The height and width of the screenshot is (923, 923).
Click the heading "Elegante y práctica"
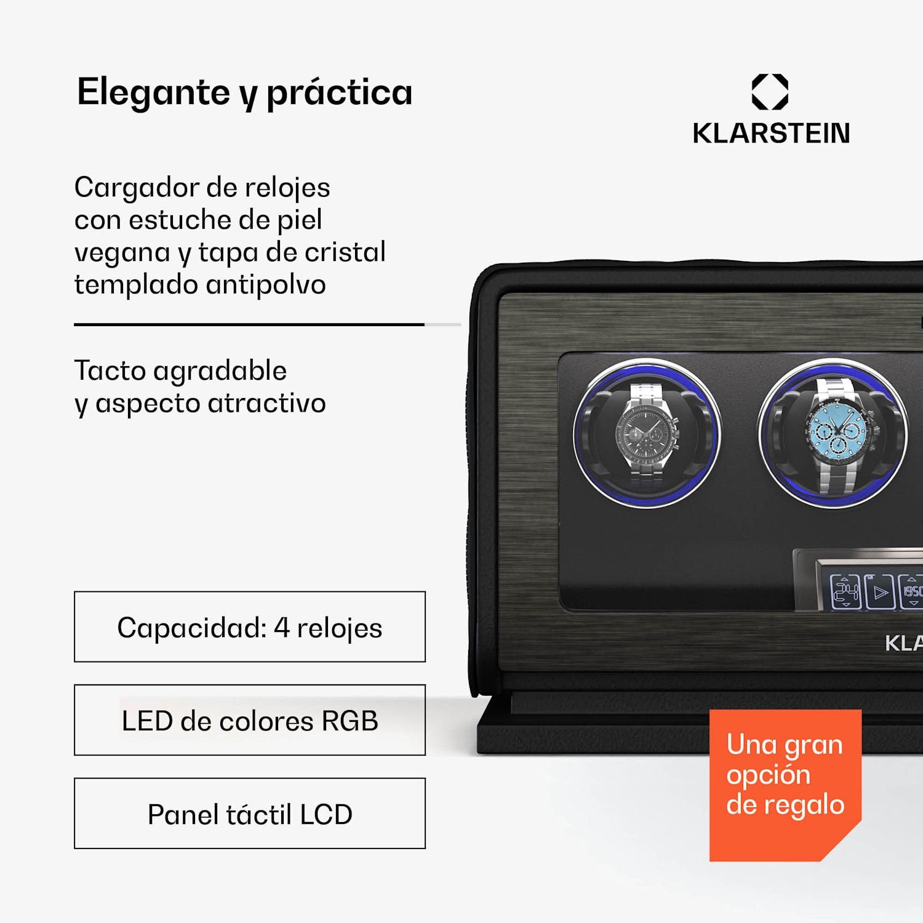tap(244, 92)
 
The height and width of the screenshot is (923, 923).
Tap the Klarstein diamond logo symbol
tap(770, 92)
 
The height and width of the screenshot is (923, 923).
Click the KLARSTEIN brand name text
tap(771, 134)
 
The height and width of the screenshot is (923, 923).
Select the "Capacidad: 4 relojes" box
tap(249, 627)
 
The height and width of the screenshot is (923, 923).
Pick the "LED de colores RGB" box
tap(249, 720)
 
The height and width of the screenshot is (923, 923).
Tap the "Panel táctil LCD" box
tap(249, 813)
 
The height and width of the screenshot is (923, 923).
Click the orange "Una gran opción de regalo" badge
tap(785, 785)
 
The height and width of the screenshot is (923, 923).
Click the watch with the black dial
tap(647, 433)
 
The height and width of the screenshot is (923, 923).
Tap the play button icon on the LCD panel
tap(880, 593)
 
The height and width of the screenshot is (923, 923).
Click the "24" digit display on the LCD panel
tap(845, 592)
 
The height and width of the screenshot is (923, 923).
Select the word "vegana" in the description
tap(122, 253)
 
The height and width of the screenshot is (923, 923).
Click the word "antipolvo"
tap(266, 285)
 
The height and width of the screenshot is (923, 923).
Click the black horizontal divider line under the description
tap(249, 324)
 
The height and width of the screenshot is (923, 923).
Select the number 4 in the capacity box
tap(281, 628)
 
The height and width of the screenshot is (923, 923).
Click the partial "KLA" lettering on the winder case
tap(903, 643)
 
